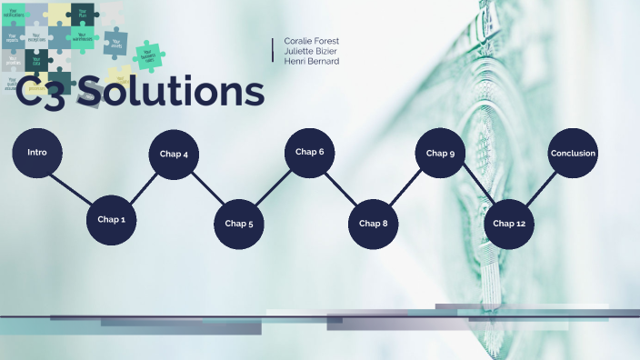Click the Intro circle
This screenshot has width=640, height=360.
[x=37, y=153]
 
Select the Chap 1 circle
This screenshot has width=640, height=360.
[x=111, y=220]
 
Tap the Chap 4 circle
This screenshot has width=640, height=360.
[x=174, y=155]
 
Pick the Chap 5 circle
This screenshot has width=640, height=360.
[x=238, y=224]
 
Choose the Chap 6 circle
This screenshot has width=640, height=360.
[x=309, y=152]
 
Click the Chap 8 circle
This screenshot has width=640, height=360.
[x=373, y=224]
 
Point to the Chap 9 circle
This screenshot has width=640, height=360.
[x=440, y=154]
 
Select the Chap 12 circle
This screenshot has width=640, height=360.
[x=508, y=224]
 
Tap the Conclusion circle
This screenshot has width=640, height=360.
[x=573, y=154]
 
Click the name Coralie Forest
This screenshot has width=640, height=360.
[x=312, y=42]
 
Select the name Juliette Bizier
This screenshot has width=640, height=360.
[x=311, y=52]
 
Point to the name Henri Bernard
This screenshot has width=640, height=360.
[x=312, y=62]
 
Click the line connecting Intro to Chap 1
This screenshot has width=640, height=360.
[x=74, y=186]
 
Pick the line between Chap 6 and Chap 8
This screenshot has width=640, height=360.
[x=341, y=187]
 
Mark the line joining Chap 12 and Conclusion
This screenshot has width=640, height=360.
[x=541, y=188]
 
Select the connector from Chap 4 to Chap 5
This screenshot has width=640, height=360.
[x=206, y=189]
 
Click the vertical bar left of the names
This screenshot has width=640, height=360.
[x=273, y=50]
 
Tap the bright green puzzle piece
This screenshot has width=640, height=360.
[x=149, y=56]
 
